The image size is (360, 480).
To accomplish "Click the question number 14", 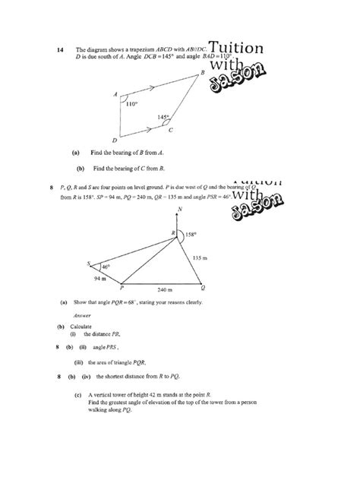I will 61,50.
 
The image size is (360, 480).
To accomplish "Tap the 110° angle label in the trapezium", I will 131,103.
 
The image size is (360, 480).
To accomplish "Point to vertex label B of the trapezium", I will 202,72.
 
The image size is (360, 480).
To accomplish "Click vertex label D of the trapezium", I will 115,141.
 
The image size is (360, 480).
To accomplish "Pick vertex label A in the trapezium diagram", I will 115,95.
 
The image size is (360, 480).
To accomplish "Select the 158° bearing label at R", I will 191,235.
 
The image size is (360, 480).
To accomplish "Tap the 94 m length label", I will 100,279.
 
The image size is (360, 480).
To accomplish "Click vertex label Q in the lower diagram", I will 202,288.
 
